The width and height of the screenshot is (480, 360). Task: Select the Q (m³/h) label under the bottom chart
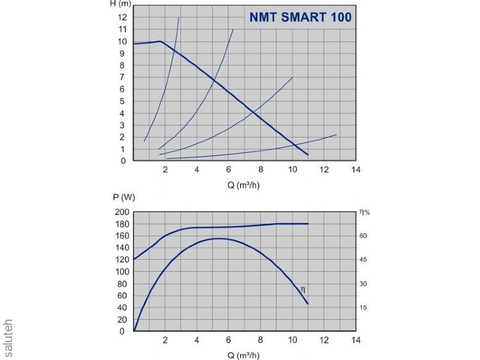[244, 356]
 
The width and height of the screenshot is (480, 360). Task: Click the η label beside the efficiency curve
[303, 288]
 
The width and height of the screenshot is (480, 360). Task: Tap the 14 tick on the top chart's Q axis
[356, 170]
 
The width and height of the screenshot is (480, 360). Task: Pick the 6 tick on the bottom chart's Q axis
[228, 340]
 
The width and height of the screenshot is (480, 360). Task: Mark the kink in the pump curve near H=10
[160, 42]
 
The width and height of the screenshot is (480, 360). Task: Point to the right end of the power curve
[308, 224]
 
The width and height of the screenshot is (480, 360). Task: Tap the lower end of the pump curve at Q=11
[308, 155]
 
